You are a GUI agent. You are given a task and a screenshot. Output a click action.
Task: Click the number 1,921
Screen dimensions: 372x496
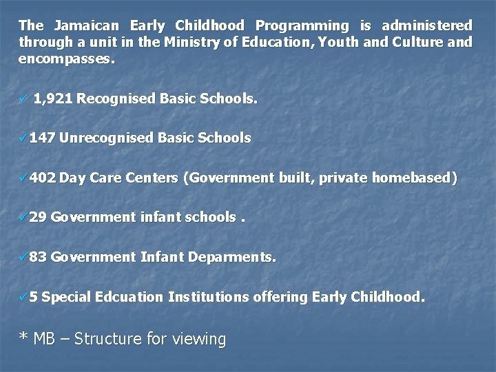[53, 99]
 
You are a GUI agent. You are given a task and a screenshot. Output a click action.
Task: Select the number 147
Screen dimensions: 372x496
[43, 138]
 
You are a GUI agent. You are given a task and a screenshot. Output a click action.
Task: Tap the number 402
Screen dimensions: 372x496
[43, 178]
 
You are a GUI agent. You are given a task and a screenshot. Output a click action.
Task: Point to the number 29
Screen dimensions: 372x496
[39, 218]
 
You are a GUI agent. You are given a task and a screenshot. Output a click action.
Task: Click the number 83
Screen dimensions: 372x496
[39, 258]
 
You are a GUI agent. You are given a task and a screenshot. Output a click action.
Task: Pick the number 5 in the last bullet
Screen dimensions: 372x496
[34, 298]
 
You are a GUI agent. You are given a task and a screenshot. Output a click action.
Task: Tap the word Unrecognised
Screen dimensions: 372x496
[106, 138]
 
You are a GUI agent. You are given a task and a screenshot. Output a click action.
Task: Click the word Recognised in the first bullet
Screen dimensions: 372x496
[116, 99]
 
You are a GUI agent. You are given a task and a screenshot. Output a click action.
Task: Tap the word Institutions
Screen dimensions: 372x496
[209, 298]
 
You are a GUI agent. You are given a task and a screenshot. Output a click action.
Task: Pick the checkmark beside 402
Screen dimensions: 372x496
[24, 178]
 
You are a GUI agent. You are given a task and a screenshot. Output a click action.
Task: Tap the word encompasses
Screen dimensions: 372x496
[66, 60]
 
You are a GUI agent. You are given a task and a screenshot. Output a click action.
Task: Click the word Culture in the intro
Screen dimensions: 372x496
[420, 43]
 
